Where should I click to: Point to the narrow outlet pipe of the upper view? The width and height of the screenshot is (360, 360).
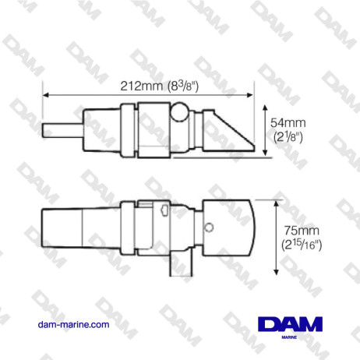click(x=58, y=128)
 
